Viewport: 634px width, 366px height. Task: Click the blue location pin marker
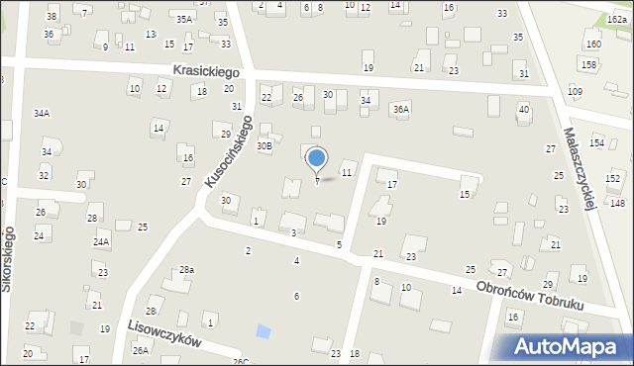coord(317,158)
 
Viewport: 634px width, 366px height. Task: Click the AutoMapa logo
coord(570,346)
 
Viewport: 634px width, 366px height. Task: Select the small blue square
coord(263,331)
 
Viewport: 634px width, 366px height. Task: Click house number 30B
coord(264,145)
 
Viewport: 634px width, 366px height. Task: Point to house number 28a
coord(186,270)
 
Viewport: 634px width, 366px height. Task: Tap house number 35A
coord(184,19)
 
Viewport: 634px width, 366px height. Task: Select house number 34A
coord(41,114)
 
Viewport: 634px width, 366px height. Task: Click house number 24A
coord(101,241)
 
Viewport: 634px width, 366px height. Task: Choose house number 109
coord(575,91)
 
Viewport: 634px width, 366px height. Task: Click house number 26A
coord(141,350)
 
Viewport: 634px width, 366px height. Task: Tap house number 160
coord(592,45)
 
